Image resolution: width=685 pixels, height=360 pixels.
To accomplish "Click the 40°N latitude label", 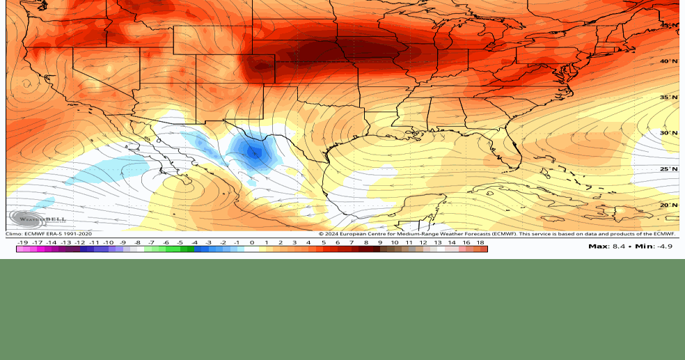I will point(668,61).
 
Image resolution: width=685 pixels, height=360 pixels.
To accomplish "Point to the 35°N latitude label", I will point(668,97).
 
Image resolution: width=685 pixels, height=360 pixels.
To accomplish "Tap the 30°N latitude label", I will point(668,133).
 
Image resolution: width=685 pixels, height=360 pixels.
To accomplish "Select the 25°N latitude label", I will point(668,169).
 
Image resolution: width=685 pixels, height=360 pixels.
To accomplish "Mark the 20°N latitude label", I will point(668,205).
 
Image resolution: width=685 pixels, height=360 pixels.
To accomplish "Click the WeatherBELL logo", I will point(38,219).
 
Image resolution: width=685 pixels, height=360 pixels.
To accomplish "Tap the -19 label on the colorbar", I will point(22,242).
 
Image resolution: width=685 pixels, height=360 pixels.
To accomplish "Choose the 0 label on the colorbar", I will point(252,242).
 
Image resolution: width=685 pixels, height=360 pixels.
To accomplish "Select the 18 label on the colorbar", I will point(480,242).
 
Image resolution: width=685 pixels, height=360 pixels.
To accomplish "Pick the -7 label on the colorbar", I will point(151,242).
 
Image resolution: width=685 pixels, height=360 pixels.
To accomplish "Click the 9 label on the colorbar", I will point(381,242).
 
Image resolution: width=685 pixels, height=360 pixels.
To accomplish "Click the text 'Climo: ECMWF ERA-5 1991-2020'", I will point(49,234).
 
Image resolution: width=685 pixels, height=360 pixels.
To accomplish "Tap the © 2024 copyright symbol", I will point(322,234).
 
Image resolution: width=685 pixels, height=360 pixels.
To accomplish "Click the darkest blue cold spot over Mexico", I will point(255,152).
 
